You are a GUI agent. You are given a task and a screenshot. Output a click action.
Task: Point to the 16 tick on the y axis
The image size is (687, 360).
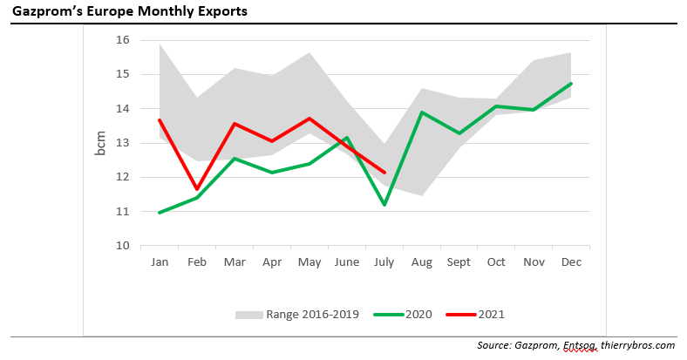[122, 40]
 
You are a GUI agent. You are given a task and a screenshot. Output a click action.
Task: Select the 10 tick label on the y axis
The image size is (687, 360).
[122, 246]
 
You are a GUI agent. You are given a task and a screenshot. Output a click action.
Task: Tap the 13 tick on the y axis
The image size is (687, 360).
[122, 143]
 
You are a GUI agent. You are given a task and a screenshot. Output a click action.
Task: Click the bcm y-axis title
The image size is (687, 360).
[101, 143]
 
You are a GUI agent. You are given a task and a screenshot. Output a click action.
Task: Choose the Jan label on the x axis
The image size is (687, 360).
[160, 262]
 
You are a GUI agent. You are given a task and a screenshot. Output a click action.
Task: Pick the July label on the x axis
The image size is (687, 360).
[384, 262]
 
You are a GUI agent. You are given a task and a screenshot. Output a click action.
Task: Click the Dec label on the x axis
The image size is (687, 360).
[571, 262]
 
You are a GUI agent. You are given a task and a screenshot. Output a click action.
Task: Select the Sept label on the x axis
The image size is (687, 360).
[459, 262]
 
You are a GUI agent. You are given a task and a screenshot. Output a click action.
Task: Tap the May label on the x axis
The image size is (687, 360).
[309, 262]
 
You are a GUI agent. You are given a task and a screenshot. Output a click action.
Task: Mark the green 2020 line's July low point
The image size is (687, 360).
[384, 205]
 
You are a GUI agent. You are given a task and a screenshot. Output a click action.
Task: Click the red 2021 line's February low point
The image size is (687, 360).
[197, 189]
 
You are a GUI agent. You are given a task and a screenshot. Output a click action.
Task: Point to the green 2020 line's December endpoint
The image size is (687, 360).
[571, 84]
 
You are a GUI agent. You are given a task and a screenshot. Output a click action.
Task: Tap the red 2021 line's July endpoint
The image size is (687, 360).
[384, 173]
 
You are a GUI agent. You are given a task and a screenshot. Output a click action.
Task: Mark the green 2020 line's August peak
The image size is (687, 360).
[422, 112]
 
